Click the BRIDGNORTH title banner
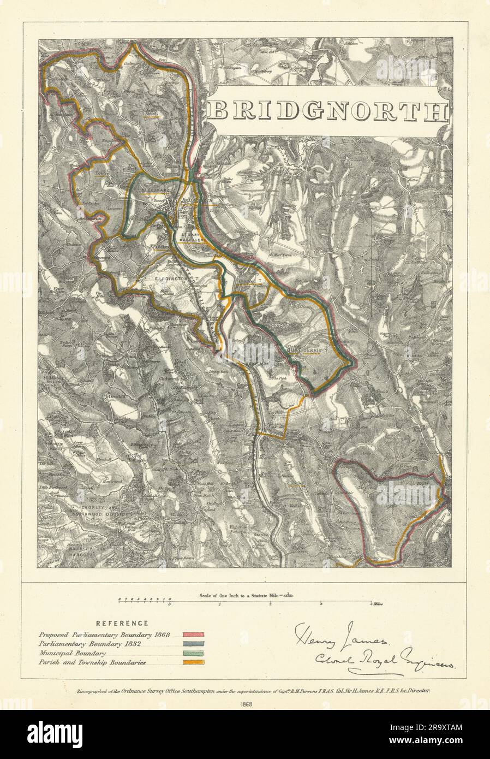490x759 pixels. [327, 111]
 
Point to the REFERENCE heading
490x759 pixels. [122, 623]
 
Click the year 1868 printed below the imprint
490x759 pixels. [245, 704]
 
